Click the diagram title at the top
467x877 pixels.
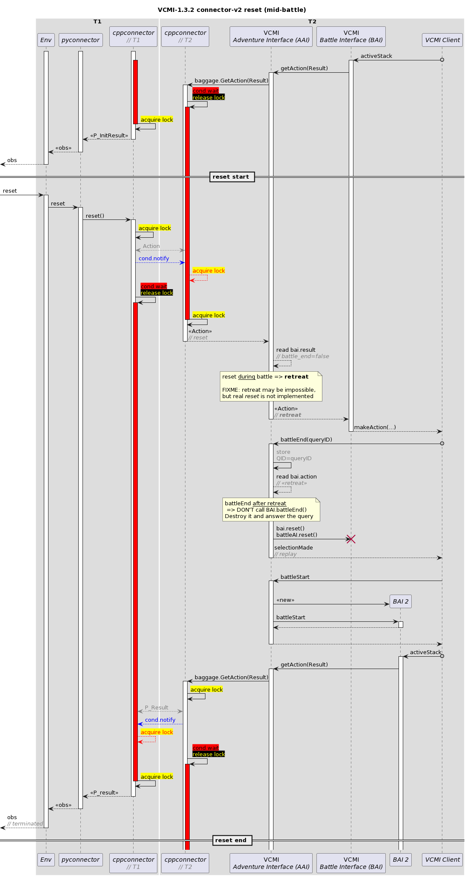pyautogui.click(x=232, y=10)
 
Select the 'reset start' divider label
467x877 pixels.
pyautogui.click(x=232, y=177)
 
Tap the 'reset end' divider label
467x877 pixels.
pyautogui.click(x=232, y=840)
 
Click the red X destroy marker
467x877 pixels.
pyautogui.click(x=351, y=539)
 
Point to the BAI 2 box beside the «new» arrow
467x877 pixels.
pyautogui.click(x=400, y=601)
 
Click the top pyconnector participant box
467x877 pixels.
pyautogui.click(x=80, y=40)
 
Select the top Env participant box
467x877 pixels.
pyautogui.click(x=46, y=40)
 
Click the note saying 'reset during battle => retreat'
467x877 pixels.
pyautogui.click(x=271, y=386)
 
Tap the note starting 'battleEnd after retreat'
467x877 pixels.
pyautogui.click(x=271, y=510)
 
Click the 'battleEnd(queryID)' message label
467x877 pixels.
pyautogui.click(x=306, y=439)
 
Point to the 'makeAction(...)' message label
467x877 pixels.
pyautogui.click(x=375, y=427)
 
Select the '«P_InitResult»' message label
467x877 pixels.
pyautogui.click(x=109, y=135)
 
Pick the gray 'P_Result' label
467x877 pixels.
pyautogui.click(x=157, y=707)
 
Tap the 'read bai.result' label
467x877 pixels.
pyautogui.click(x=296, y=350)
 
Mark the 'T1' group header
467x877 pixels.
pyautogui.click(x=97, y=21)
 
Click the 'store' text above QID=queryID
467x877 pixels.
pyautogui.click(x=283, y=452)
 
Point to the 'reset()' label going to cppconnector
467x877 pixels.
pyautogui.click(x=95, y=216)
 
